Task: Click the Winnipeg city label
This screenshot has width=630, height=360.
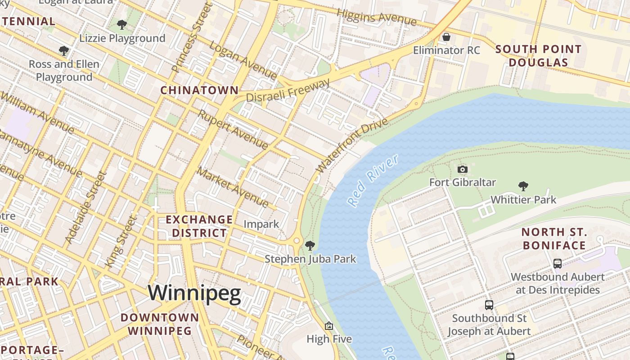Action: [x=194, y=293]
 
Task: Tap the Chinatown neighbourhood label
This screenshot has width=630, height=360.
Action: [x=199, y=90]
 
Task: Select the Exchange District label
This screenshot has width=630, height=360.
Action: [x=199, y=226]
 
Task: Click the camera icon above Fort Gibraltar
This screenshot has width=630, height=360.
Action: [x=462, y=170]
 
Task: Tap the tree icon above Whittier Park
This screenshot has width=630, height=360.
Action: [x=523, y=186]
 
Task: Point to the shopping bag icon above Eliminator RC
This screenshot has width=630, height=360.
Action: [x=446, y=37]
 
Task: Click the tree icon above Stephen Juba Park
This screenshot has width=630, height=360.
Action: [x=310, y=246]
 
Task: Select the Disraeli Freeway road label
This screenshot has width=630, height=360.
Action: [x=288, y=91]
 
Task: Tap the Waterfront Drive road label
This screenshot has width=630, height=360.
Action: [x=351, y=145]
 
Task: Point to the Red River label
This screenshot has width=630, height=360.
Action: [x=373, y=180]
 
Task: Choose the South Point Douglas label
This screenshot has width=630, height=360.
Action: [x=539, y=56]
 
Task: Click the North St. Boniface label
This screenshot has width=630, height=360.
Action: [x=554, y=239]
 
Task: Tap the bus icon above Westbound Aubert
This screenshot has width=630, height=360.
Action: [x=557, y=264]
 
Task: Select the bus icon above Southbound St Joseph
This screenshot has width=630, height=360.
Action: [x=489, y=305]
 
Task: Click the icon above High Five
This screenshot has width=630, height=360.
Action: [x=329, y=326]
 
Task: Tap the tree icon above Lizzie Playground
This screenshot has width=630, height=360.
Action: [x=121, y=25]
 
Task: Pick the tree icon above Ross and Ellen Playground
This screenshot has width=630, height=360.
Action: [x=64, y=51]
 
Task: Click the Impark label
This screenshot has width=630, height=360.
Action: [x=261, y=224]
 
